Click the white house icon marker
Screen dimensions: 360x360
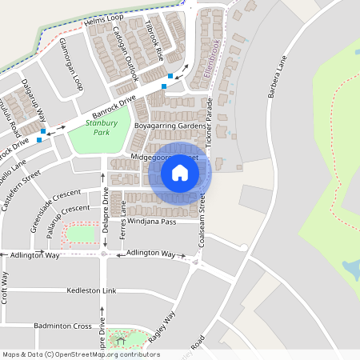coord(180,173)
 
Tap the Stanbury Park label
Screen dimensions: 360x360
coord(102,127)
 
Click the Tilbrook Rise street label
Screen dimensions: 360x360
coord(154,42)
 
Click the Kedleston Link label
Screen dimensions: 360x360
coord(92,290)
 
